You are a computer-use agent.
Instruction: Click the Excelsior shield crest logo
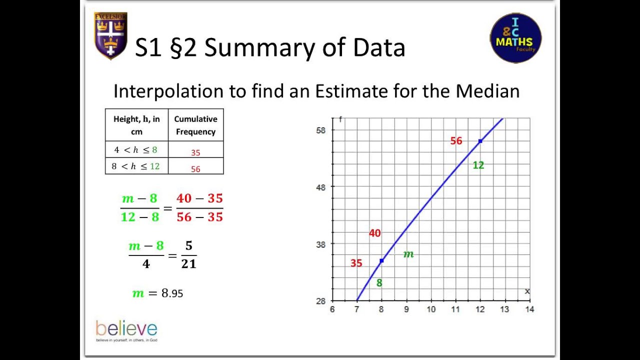tap(110, 35)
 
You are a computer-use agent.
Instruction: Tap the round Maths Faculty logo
tap(515, 38)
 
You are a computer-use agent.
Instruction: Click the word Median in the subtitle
tap(487, 91)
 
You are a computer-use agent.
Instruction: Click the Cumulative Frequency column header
tap(195, 125)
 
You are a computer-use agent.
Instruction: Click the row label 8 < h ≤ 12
tap(136, 166)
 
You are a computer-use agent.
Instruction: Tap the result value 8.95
tap(172, 293)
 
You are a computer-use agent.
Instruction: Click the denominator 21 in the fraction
tap(188, 263)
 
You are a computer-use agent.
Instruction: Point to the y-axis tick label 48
tap(320, 187)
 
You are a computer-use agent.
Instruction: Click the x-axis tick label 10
tap(430, 309)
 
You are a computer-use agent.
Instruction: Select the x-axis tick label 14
tap(529, 309)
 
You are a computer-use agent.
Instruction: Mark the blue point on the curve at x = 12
tap(480, 141)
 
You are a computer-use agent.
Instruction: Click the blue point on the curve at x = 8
tap(381, 261)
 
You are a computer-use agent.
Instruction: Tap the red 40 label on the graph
tap(374, 233)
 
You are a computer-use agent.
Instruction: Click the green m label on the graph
tap(408, 254)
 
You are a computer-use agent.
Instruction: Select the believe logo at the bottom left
tap(126, 330)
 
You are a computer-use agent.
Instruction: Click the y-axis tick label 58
tap(320, 130)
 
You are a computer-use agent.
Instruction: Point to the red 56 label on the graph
tap(456, 141)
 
